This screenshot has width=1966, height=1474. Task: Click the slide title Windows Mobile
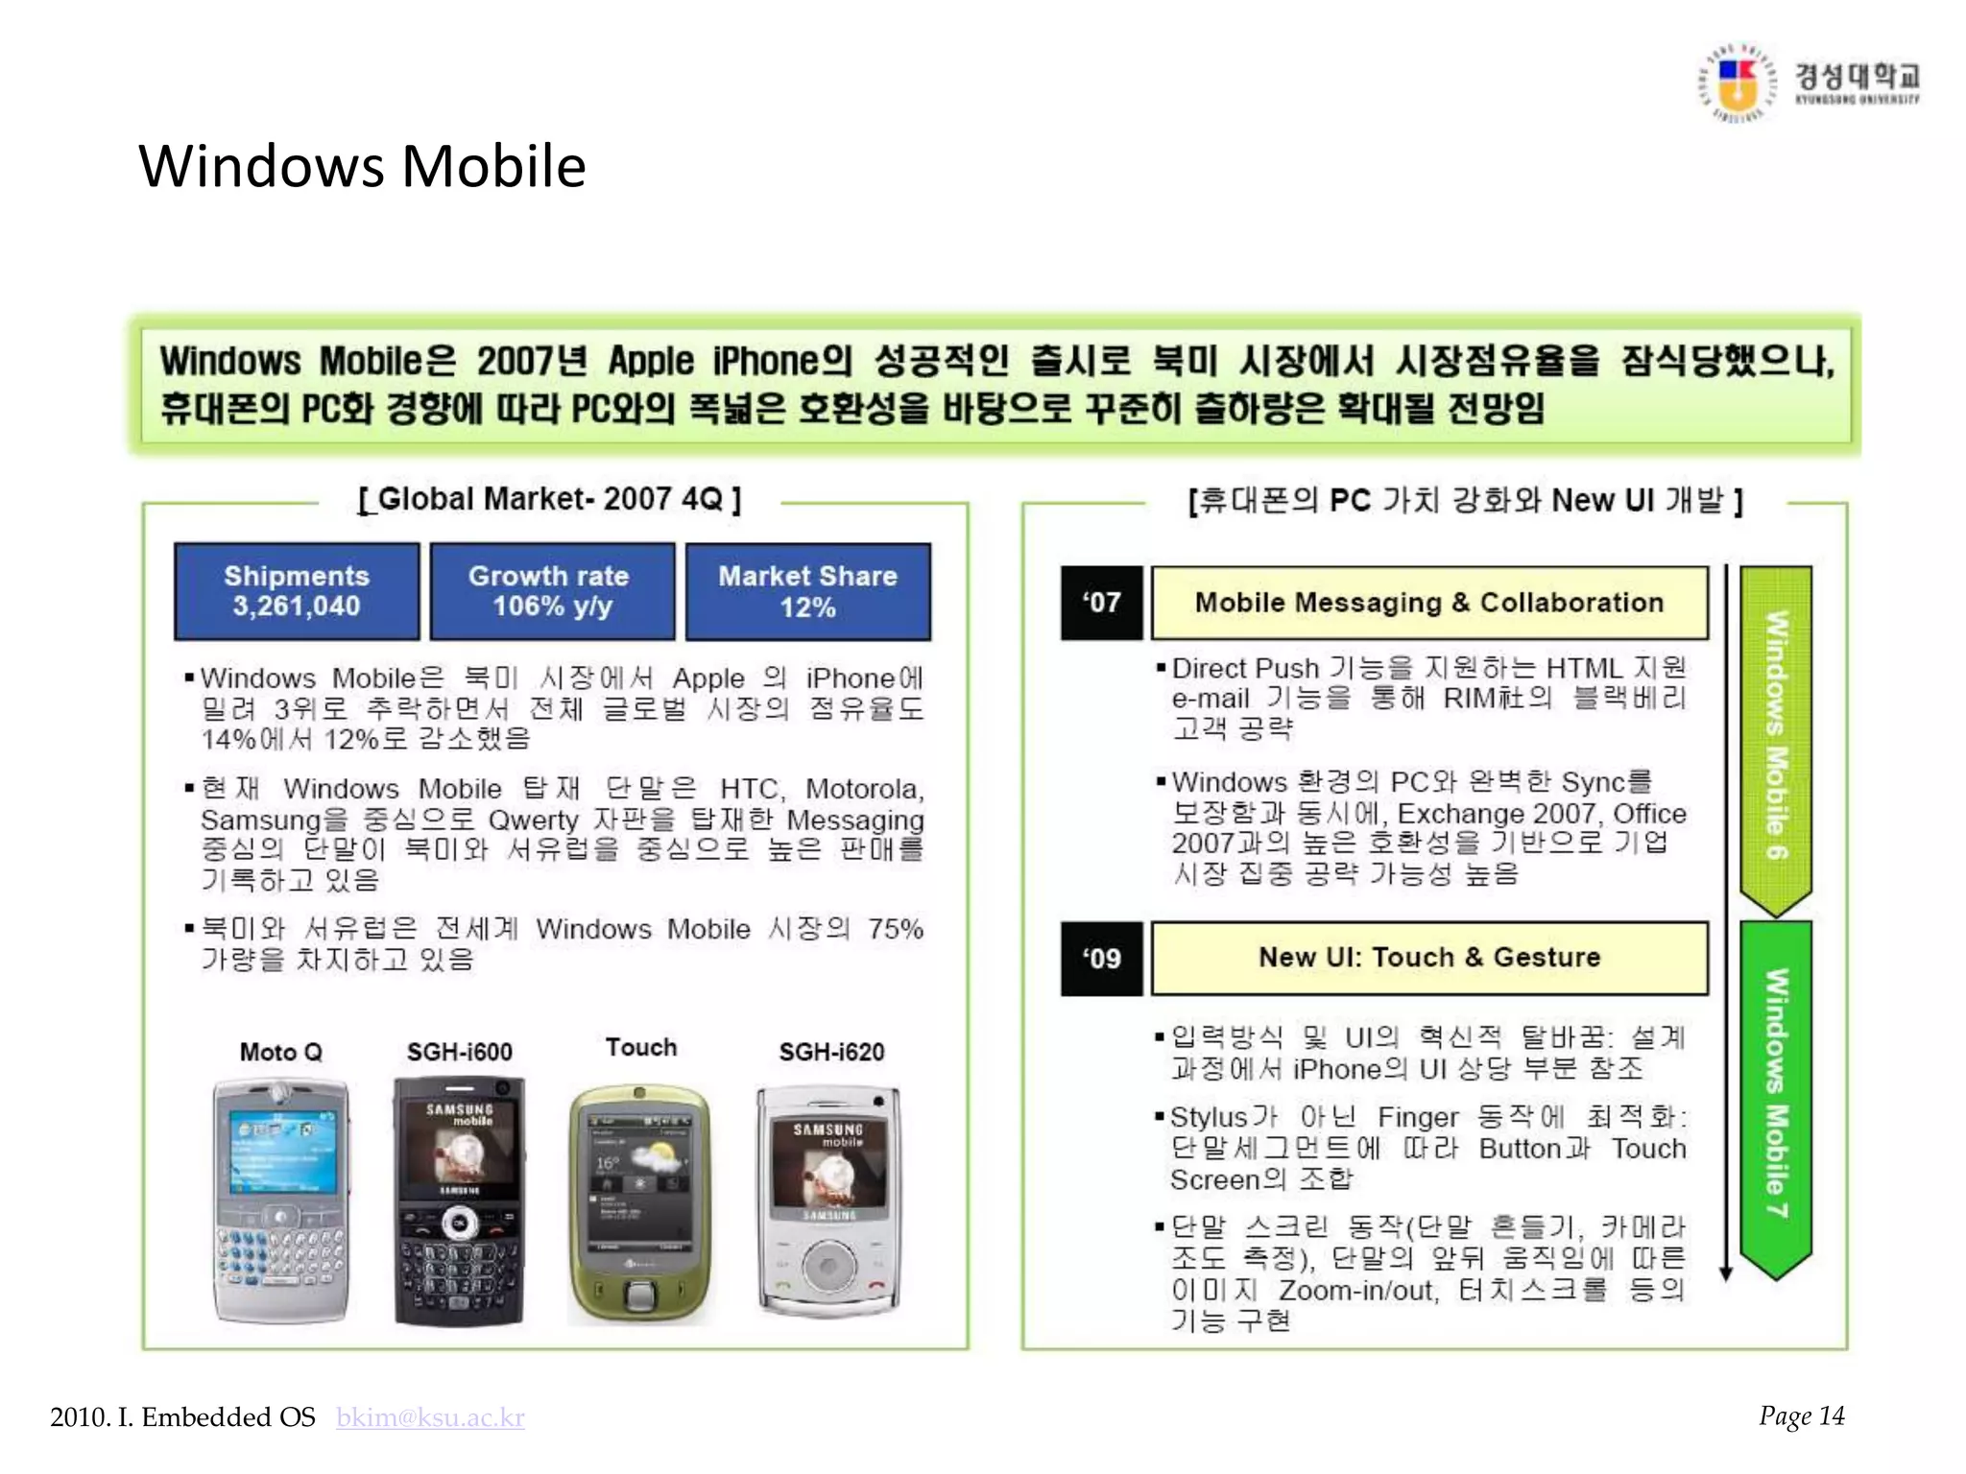pos(362,166)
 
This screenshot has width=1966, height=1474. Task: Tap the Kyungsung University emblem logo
pos(1738,84)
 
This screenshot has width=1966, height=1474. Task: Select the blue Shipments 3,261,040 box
pos(297,591)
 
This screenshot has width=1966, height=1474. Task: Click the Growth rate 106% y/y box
pos(552,591)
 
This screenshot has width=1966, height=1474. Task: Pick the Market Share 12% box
pos(807,591)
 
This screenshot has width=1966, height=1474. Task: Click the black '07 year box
pos(1101,603)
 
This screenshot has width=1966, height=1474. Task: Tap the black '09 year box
pos(1101,959)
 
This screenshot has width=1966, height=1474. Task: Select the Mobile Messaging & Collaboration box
pos(1429,603)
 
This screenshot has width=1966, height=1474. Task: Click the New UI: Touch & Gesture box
pos(1429,958)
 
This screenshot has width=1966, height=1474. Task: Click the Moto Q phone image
pos(280,1201)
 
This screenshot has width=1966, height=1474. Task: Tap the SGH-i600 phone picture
pos(460,1201)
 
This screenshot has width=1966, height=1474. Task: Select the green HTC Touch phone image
pos(639,1204)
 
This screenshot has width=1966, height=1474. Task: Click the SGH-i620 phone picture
pos(829,1201)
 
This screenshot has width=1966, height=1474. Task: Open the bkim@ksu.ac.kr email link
pos(430,1417)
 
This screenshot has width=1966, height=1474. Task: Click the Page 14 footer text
pos(1801,1416)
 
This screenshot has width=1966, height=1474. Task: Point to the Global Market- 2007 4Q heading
pos(549,499)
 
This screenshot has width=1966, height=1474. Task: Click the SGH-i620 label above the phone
pos(831,1052)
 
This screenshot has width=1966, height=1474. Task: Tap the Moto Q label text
pos(280,1052)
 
